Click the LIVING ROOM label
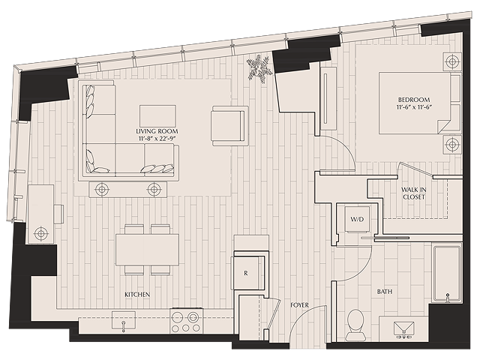[x=157, y=130]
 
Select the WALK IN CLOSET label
[x=412, y=193]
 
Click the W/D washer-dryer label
[x=357, y=220]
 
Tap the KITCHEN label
[x=137, y=295]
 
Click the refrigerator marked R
[x=247, y=274]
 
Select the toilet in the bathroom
[x=356, y=321]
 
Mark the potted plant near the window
[x=259, y=67]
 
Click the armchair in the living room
[x=229, y=124]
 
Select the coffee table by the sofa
[x=157, y=115]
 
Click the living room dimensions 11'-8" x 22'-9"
[x=157, y=139]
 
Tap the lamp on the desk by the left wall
[x=40, y=234]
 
